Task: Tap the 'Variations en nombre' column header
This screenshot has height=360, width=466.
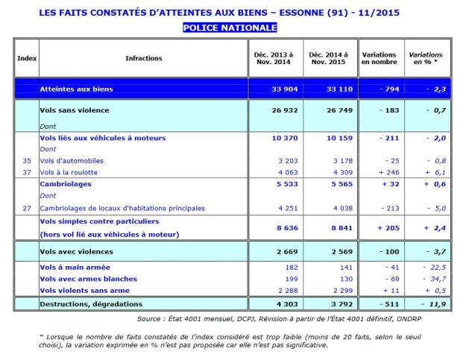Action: (x=379, y=58)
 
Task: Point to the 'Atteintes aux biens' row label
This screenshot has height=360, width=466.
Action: (x=76, y=89)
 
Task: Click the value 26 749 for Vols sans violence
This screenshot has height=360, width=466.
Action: (x=325, y=110)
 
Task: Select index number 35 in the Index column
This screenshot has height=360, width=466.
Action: (x=26, y=160)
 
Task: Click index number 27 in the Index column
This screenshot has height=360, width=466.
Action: (x=26, y=209)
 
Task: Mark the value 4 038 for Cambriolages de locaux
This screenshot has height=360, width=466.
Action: (x=326, y=209)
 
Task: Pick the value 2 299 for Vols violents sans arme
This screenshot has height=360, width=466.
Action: (x=326, y=290)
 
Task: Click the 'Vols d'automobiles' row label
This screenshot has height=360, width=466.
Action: (x=72, y=160)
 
